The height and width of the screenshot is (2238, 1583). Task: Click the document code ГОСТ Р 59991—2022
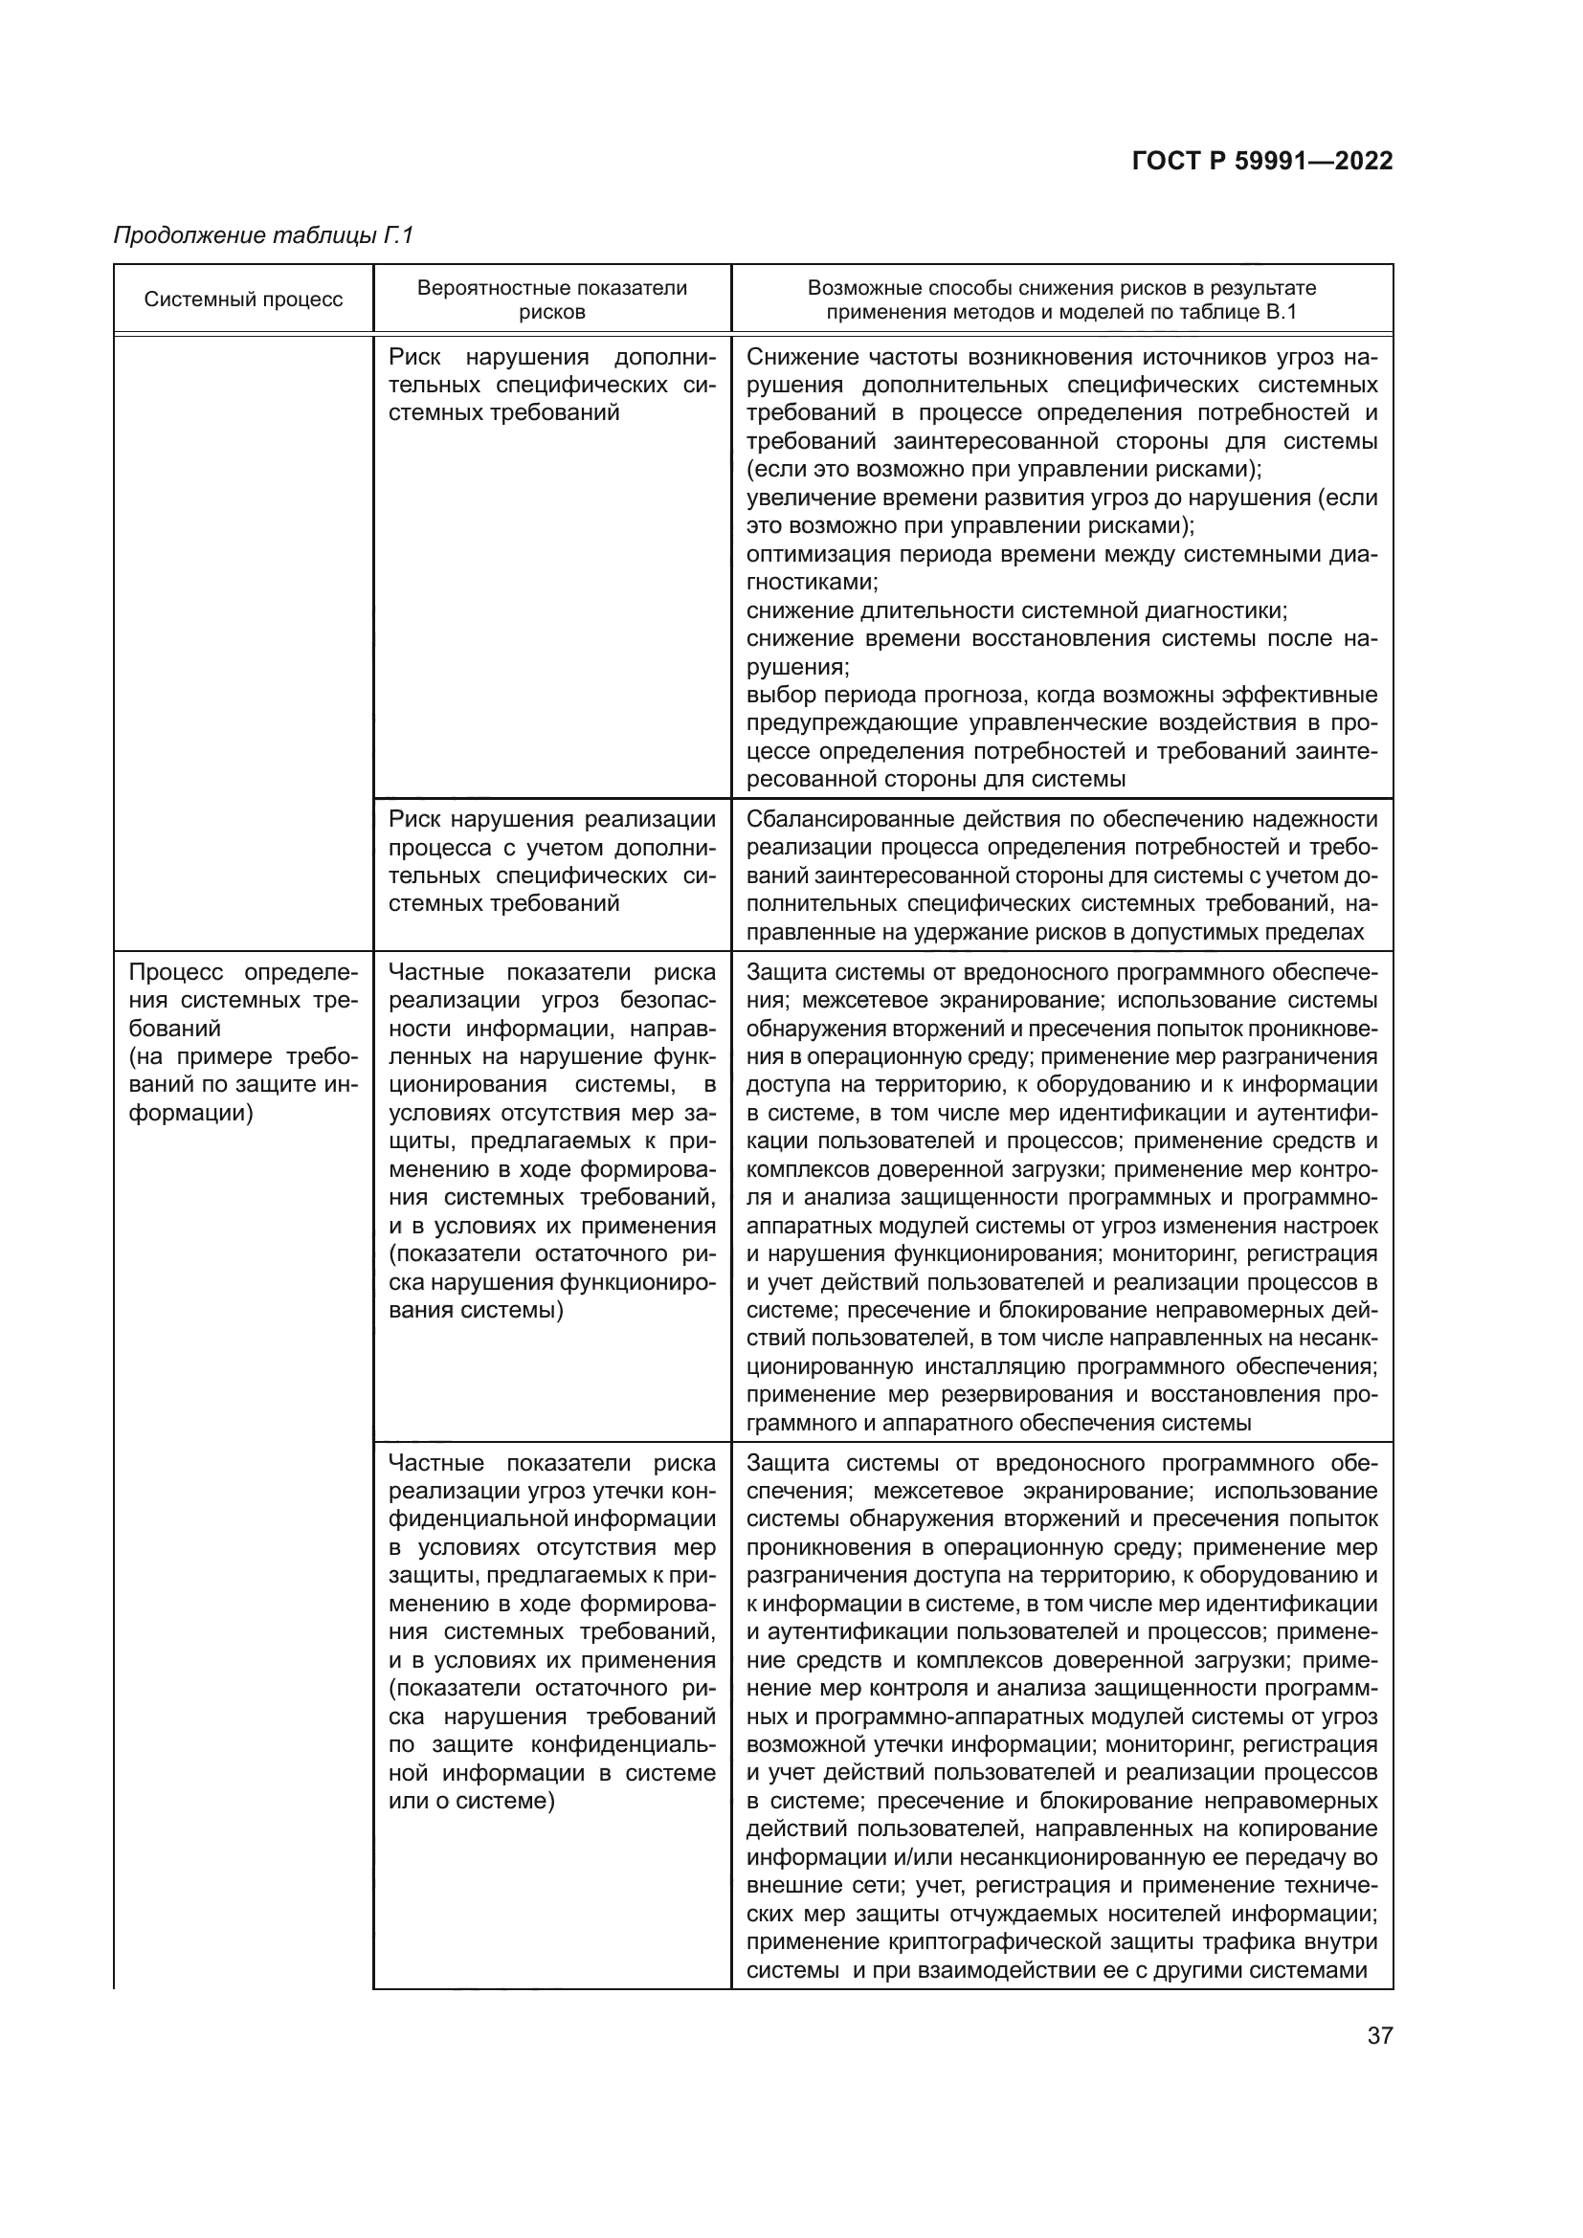point(1262,161)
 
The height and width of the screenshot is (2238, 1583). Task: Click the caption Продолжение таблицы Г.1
point(264,235)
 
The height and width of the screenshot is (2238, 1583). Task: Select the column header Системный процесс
point(244,299)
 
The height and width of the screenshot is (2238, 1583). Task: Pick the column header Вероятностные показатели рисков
point(551,299)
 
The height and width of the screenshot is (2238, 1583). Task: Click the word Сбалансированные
point(846,819)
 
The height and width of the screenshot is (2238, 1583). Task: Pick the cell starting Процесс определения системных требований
point(244,1043)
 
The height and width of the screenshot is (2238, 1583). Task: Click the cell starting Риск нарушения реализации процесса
point(551,861)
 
